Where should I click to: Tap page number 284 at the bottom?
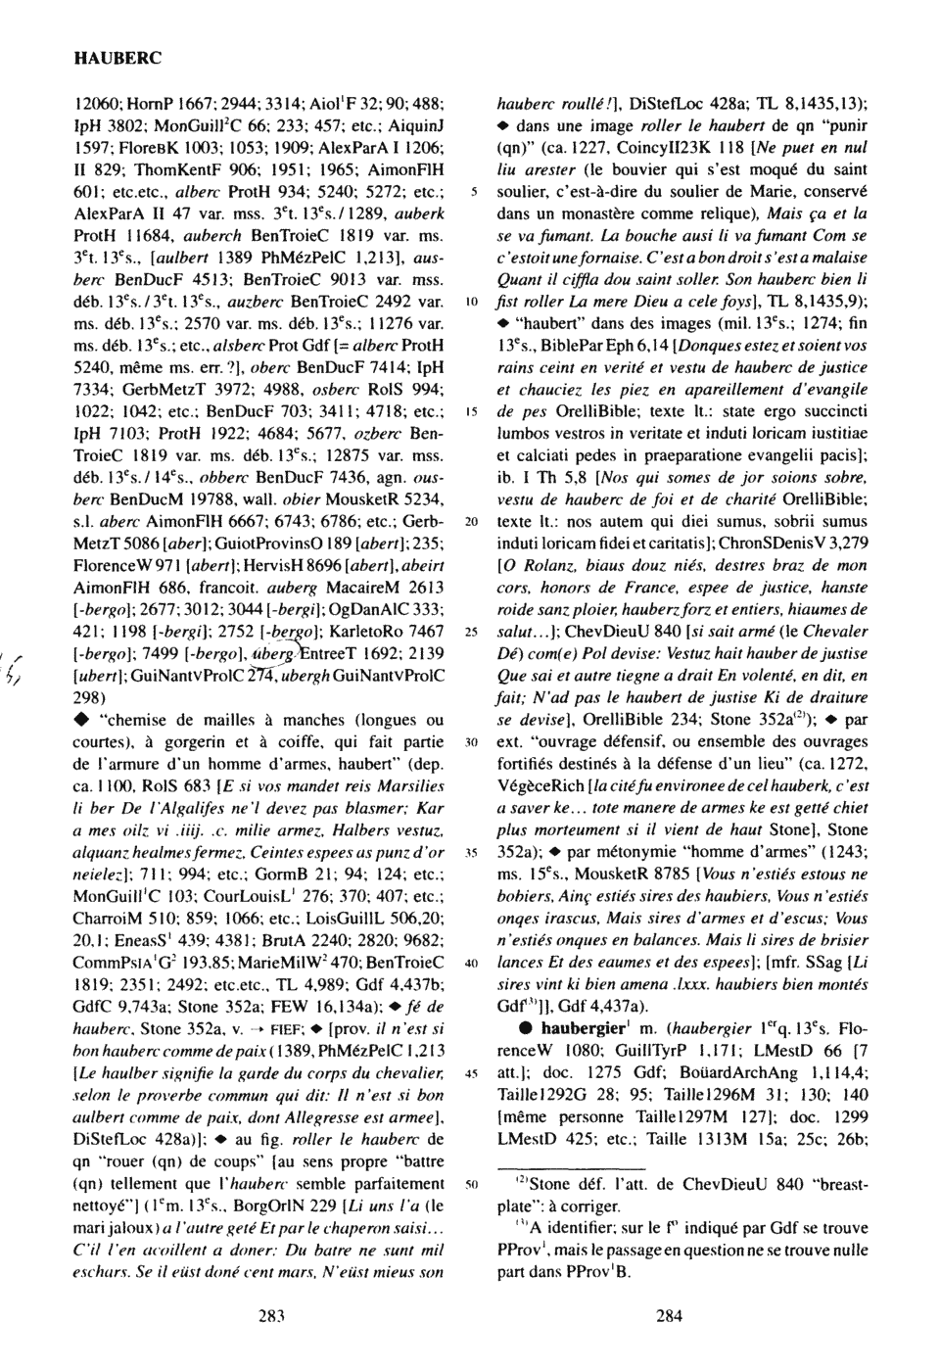[669, 1315]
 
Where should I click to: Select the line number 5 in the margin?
[473, 189]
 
